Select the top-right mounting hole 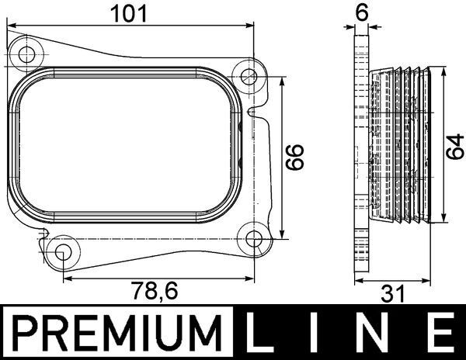(249, 76)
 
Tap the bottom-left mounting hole (64, 252)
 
